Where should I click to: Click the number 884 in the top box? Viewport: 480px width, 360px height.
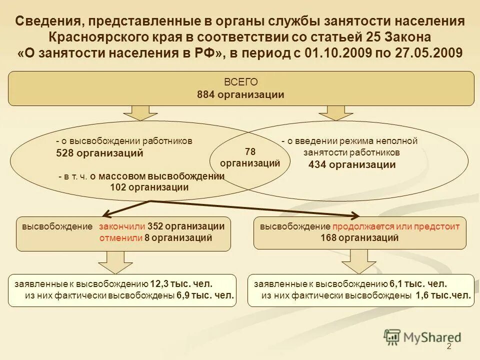pyautogui.click(x=206, y=94)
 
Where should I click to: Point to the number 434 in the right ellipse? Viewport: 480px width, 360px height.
pyautogui.click(x=318, y=164)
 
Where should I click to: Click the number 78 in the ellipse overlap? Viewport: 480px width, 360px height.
pyautogui.click(x=250, y=151)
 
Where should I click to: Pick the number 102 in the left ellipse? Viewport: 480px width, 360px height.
pyautogui.click(x=118, y=187)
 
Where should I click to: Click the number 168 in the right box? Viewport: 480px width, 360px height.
pyautogui.click(x=329, y=238)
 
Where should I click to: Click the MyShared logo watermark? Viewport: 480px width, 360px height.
pyautogui.click(x=422, y=337)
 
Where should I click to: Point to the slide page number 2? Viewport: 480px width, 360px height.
pyautogui.click(x=448, y=347)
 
